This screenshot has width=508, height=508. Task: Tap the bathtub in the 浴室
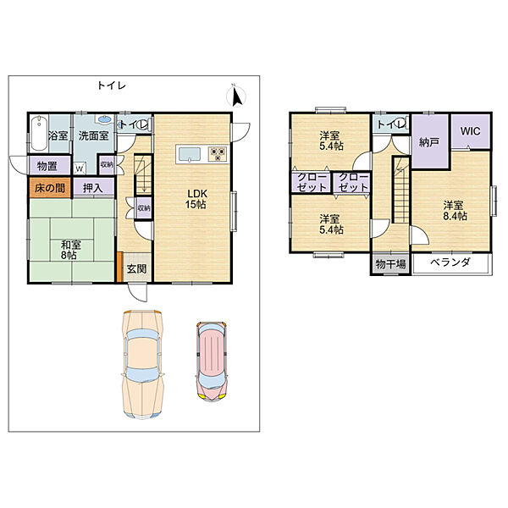coord(40,133)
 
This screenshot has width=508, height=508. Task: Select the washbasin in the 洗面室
coord(103,119)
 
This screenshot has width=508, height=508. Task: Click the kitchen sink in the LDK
coord(189,154)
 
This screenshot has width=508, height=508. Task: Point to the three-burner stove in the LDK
coord(218,154)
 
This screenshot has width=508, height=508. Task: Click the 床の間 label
coord(50,188)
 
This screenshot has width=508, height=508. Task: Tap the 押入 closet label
coord(93,188)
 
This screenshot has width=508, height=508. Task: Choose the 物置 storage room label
coord(47,166)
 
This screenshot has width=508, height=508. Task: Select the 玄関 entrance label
coord(136,268)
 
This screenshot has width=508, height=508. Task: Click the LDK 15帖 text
coord(196,199)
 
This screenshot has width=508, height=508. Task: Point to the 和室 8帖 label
coord(70,250)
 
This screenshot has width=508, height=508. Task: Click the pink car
coord(211,361)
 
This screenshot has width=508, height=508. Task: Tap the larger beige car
coord(142,364)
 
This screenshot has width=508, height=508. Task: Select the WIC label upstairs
coord(471,131)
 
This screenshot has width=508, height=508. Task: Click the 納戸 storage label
coord(429,142)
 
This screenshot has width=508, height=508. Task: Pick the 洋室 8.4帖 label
coord(454,211)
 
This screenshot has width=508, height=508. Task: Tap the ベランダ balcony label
coord(450,262)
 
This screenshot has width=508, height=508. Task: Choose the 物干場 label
coord(390,264)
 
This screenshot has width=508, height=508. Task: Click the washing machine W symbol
coord(80,168)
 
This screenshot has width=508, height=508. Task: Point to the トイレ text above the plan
coord(112,86)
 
